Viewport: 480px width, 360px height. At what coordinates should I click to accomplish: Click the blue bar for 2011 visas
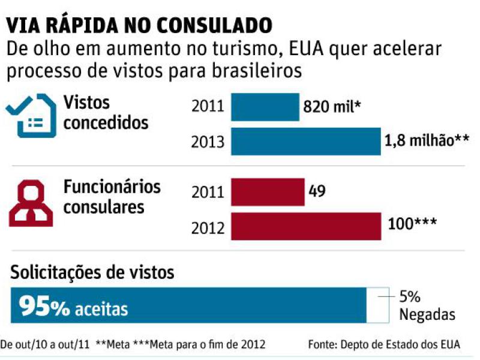[265, 107]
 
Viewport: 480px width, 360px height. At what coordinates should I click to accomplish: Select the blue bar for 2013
[305, 142]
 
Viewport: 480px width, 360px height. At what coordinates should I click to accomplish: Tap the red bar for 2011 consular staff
[268, 193]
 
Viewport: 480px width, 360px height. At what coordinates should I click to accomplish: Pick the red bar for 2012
[305, 226]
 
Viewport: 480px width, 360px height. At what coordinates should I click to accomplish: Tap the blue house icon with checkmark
[30, 115]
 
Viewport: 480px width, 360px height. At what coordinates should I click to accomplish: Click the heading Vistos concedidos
[106, 112]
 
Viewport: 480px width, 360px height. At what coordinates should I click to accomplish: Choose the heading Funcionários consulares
[112, 196]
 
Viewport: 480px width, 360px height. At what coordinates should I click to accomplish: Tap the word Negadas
[427, 314]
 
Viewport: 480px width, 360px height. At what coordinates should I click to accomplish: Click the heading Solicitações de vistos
[92, 273]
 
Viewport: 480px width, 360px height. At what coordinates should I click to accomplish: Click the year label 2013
[208, 143]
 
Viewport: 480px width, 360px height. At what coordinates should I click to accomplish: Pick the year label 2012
[208, 227]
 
